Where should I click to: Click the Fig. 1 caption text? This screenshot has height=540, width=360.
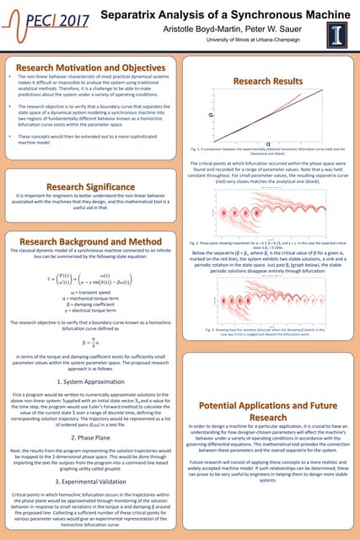click(268, 150)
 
